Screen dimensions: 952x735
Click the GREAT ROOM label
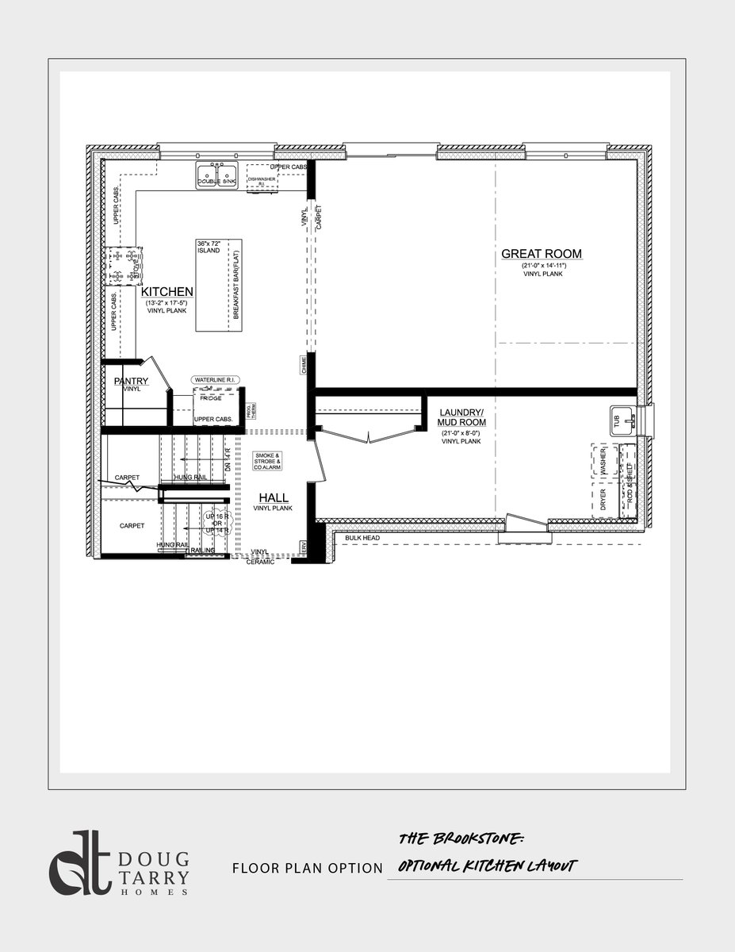click(x=542, y=254)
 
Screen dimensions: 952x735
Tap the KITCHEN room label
click(x=168, y=292)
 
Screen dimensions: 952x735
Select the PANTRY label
click(x=132, y=381)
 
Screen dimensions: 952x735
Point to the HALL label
click(x=274, y=497)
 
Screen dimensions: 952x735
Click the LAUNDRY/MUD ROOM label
click(x=461, y=417)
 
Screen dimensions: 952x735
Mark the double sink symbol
click(x=217, y=176)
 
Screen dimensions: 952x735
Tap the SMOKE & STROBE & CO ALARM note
click(x=267, y=462)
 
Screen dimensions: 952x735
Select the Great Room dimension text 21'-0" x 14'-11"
click(x=541, y=265)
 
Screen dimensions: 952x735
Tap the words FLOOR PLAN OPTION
click(x=308, y=869)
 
